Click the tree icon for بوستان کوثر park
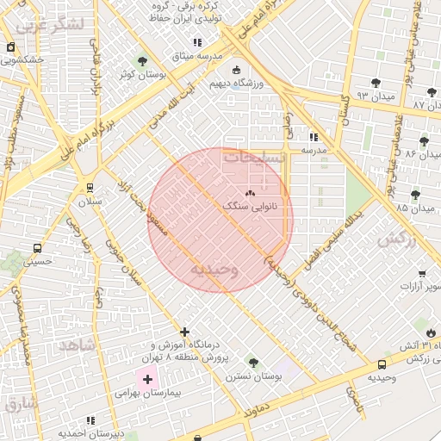143,61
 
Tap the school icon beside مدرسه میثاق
197,42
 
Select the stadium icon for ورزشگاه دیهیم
237,71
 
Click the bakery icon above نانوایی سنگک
251,194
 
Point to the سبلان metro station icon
90,187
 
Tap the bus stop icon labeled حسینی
37,248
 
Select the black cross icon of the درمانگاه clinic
184,332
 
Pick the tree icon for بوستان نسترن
252,363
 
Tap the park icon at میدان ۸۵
415,195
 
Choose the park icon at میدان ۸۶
423,141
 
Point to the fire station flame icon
431,332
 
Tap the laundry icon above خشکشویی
9,47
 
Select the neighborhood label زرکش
396,238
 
